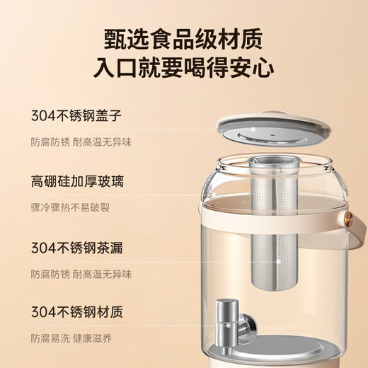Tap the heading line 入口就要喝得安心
tap(184, 67)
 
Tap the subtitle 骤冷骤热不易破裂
tap(69, 208)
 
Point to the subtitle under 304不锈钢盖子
tap(81, 142)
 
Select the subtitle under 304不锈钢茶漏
tap(81, 274)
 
